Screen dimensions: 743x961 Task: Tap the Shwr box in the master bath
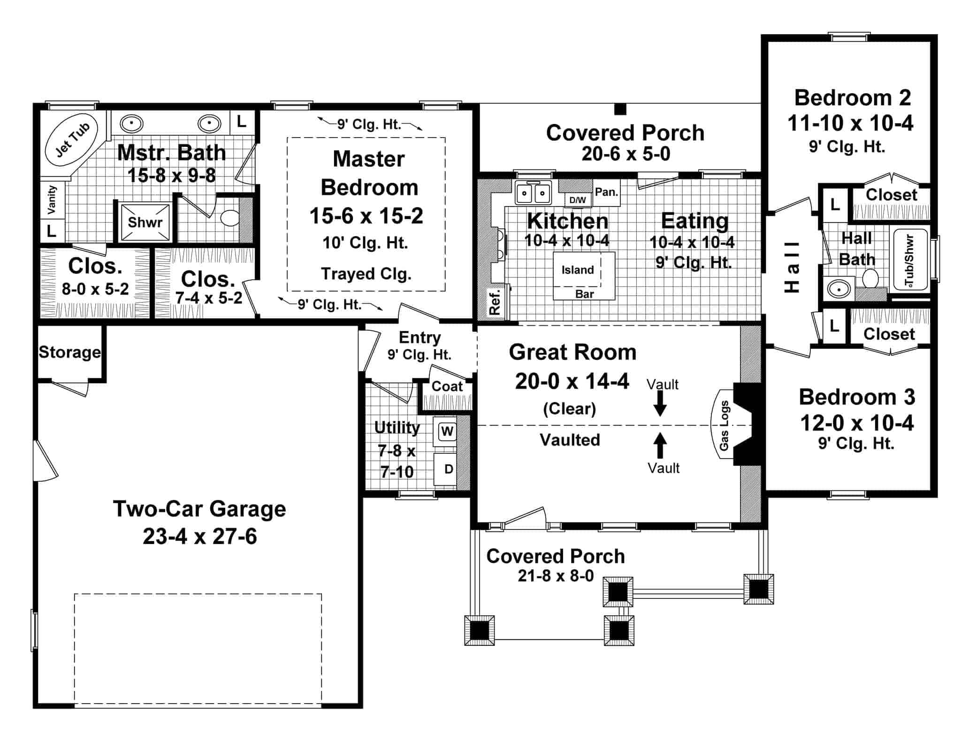click(x=145, y=222)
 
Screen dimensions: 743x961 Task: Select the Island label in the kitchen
click(x=578, y=270)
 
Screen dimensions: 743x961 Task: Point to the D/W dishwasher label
click(x=578, y=200)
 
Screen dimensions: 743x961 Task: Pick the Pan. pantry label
click(x=607, y=192)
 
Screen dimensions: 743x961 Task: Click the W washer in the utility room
click(x=447, y=431)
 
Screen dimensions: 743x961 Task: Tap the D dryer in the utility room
click(x=448, y=469)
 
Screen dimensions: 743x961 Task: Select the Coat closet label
click(x=447, y=386)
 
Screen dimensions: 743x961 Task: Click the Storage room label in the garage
click(x=69, y=352)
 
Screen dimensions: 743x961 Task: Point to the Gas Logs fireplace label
click(x=725, y=426)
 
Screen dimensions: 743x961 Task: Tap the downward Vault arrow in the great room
click(x=660, y=403)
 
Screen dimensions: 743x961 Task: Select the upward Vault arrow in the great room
click(x=660, y=445)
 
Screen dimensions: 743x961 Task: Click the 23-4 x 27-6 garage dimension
click(x=200, y=536)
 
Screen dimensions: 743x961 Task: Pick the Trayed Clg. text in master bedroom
click(x=366, y=274)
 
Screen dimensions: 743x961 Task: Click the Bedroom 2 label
click(x=852, y=98)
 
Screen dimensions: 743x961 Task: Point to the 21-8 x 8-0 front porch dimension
click(x=556, y=575)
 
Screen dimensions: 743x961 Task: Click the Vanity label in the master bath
click(x=52, y=199)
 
